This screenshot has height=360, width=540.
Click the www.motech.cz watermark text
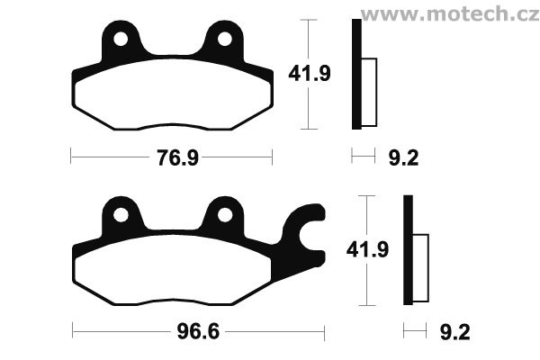[x=450, y=13]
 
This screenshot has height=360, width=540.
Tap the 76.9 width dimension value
[x=178, y=158]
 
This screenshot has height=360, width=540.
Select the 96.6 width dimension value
[x=198, y=332]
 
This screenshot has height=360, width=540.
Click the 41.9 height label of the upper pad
[x=310, y=74]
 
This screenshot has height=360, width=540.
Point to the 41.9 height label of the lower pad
[x=367, y=250]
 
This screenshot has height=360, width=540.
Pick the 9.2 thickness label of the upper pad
[x=403, y=158]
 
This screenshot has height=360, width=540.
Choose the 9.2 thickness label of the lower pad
[x=454, y=333]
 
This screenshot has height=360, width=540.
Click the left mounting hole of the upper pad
[x=121, y=39]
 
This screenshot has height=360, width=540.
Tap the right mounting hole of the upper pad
[x=225, y=39]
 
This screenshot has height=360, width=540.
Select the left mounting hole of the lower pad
[x=121, y=215]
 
